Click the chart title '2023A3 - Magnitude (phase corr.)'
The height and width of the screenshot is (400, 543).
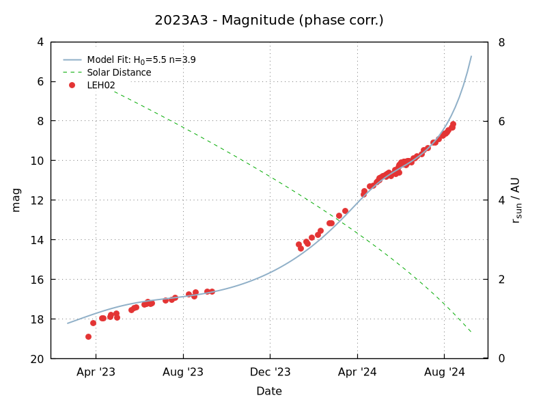pyautogui.click(x=269, y=20)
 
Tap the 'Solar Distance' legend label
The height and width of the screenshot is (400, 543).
pyautogui.click(x=119, y=72)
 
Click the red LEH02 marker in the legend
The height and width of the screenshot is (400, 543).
pyautogui.click(x=72, y=85)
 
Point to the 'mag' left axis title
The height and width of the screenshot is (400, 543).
pyautogui.click(x=16, y=200)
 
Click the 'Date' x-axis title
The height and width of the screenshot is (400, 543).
pyautogui.click(x=269, y=391)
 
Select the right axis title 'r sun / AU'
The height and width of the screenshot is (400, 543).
pyautogui.click(x=516, y=200)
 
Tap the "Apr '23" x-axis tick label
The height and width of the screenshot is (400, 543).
pyautogui.click(x=96, y=373)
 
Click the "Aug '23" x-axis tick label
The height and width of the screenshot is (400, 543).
pyautogui.click(x=183, y=373)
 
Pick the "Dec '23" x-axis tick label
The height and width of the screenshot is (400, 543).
pyautogui.click(x=270, y=373)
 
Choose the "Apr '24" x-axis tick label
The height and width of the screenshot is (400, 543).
pyautogui.click(x=358, y=373)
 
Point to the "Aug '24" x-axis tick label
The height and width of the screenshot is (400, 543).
pyautogui.click(x=445, y=373)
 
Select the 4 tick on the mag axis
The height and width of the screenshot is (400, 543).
pyautogui.click(x=40, y=42)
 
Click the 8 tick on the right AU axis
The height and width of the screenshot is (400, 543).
pyautogui.click(x=501, y=42)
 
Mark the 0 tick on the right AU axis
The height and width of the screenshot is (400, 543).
pyautogui.click(x=501, y=359)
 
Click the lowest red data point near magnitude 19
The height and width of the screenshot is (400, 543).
pyautogui.click(x=88, y=336)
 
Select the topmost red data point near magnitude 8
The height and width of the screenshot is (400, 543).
pyautogui.click(x=453, y=124)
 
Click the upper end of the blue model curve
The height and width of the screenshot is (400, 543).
pyautogui.click(x=471, y=56)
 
